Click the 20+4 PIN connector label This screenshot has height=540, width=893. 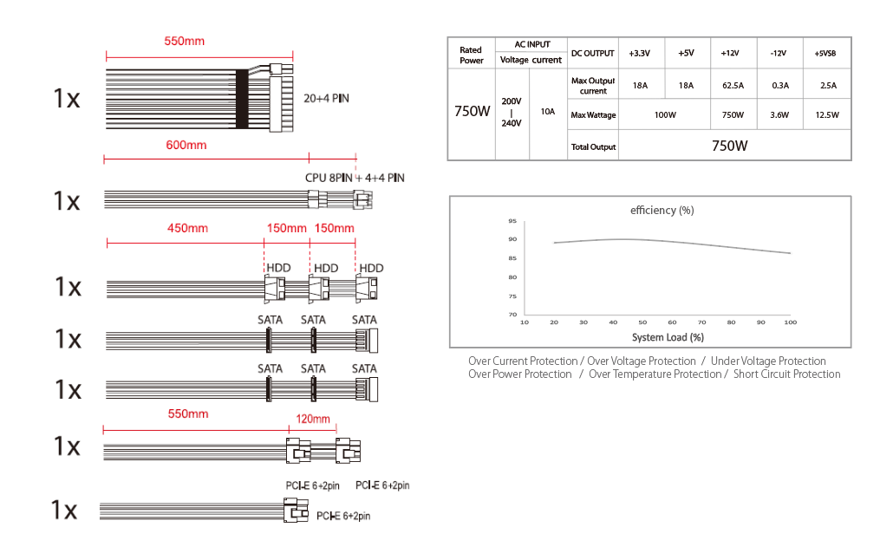pos(326,99)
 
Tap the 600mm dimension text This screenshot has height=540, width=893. pos(186,146)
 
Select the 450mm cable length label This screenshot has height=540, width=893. pos(187,229)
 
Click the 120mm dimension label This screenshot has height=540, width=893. pos(313,420)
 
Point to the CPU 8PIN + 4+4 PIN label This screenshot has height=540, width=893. pos(355,178)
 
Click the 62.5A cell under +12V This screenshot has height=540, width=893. pos(733,86)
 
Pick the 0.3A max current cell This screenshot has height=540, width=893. pos(780,86)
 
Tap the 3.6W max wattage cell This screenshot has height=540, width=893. pos(779,115)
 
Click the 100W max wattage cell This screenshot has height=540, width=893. pos(665,115)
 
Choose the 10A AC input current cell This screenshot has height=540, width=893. pos(548,112)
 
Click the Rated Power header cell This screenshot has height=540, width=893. pos(472,55)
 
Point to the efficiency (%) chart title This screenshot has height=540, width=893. pos(662,210)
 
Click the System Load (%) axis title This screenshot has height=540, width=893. pos(668,337)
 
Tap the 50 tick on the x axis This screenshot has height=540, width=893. pos(642,322)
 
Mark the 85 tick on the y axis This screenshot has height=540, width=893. pos(512,258)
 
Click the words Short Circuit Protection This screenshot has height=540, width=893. pos(786,374)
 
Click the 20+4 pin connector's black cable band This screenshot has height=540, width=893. pos(242,99)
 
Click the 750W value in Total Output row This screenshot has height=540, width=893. pos(729,146)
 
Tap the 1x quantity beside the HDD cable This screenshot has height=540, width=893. pos(68,287)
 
